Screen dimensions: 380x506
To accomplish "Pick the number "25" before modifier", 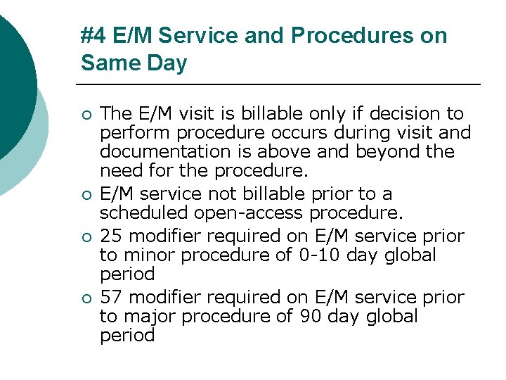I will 111,236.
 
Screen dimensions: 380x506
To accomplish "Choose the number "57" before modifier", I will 111,297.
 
